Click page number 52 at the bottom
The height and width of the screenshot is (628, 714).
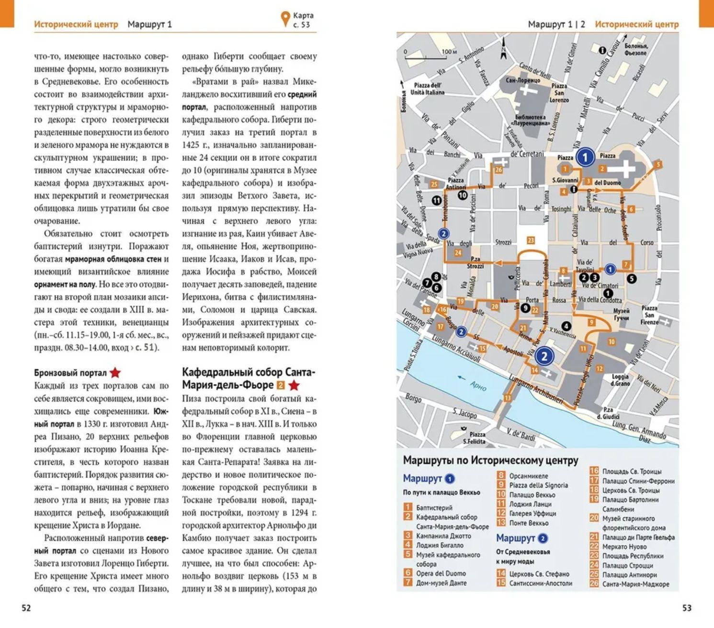click(26, 608)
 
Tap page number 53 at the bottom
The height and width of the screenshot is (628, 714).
click(687, 608)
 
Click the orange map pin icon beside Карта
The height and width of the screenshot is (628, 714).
click(285, 19)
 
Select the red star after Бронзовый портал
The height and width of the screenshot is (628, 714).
click(115, 373)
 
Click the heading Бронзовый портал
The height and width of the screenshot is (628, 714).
click(70, 373)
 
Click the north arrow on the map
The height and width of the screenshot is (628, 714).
click(503, 50)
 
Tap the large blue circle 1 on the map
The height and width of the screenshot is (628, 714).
click(585, 157)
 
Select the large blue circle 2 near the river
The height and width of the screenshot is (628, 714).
click(544, 356)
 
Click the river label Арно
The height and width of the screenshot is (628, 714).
click(478, 386)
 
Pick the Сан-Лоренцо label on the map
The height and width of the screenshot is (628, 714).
click(523, 80)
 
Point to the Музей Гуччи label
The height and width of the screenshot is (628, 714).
click(621, 314)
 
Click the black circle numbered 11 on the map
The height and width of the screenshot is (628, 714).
click(436, 201)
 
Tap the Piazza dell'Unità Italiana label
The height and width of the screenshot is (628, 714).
click(427, 89)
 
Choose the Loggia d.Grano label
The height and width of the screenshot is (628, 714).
click(620, 380)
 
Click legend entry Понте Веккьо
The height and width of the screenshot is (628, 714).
click(529, 523)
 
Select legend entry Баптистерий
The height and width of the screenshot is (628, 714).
click(434, 508)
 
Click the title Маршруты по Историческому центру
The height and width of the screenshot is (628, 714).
click(490, 460)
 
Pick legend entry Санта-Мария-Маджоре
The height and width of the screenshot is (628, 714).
click(635, 584)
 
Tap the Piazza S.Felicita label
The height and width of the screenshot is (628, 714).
click(474, 437)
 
